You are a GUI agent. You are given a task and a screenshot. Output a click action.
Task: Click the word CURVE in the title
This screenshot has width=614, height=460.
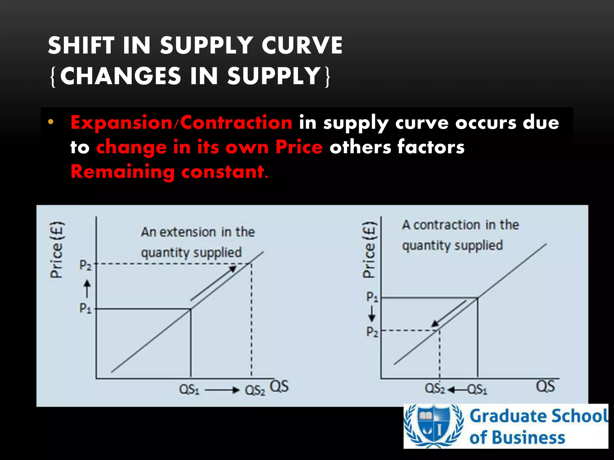[302, 46]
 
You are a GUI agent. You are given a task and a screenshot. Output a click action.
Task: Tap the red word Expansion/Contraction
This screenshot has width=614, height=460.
[181, 122]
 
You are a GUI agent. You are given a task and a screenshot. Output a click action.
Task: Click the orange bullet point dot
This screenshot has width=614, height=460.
[51, 122]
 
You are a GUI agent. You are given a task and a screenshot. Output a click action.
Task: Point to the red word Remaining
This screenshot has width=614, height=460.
[122, 172]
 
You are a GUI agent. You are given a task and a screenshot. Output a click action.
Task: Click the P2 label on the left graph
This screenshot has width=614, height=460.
[85, 265]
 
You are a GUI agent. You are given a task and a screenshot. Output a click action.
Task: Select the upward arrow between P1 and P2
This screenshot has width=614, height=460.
[87, 288]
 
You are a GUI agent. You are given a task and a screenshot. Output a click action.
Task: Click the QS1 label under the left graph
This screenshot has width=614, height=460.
[189, 390]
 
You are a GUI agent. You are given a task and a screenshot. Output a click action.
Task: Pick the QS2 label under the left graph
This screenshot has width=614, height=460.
[255, 390]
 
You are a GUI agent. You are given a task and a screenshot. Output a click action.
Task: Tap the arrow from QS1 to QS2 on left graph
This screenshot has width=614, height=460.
[222, 390]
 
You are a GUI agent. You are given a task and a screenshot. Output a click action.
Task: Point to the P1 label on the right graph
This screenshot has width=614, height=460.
[372, 297]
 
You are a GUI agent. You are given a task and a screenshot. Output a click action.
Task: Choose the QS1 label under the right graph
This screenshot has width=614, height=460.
[477, 390]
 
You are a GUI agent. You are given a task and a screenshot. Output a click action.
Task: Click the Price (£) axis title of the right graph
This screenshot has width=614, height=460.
[369, 250]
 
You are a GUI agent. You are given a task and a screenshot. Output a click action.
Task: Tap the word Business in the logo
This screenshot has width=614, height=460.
[529, 437]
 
